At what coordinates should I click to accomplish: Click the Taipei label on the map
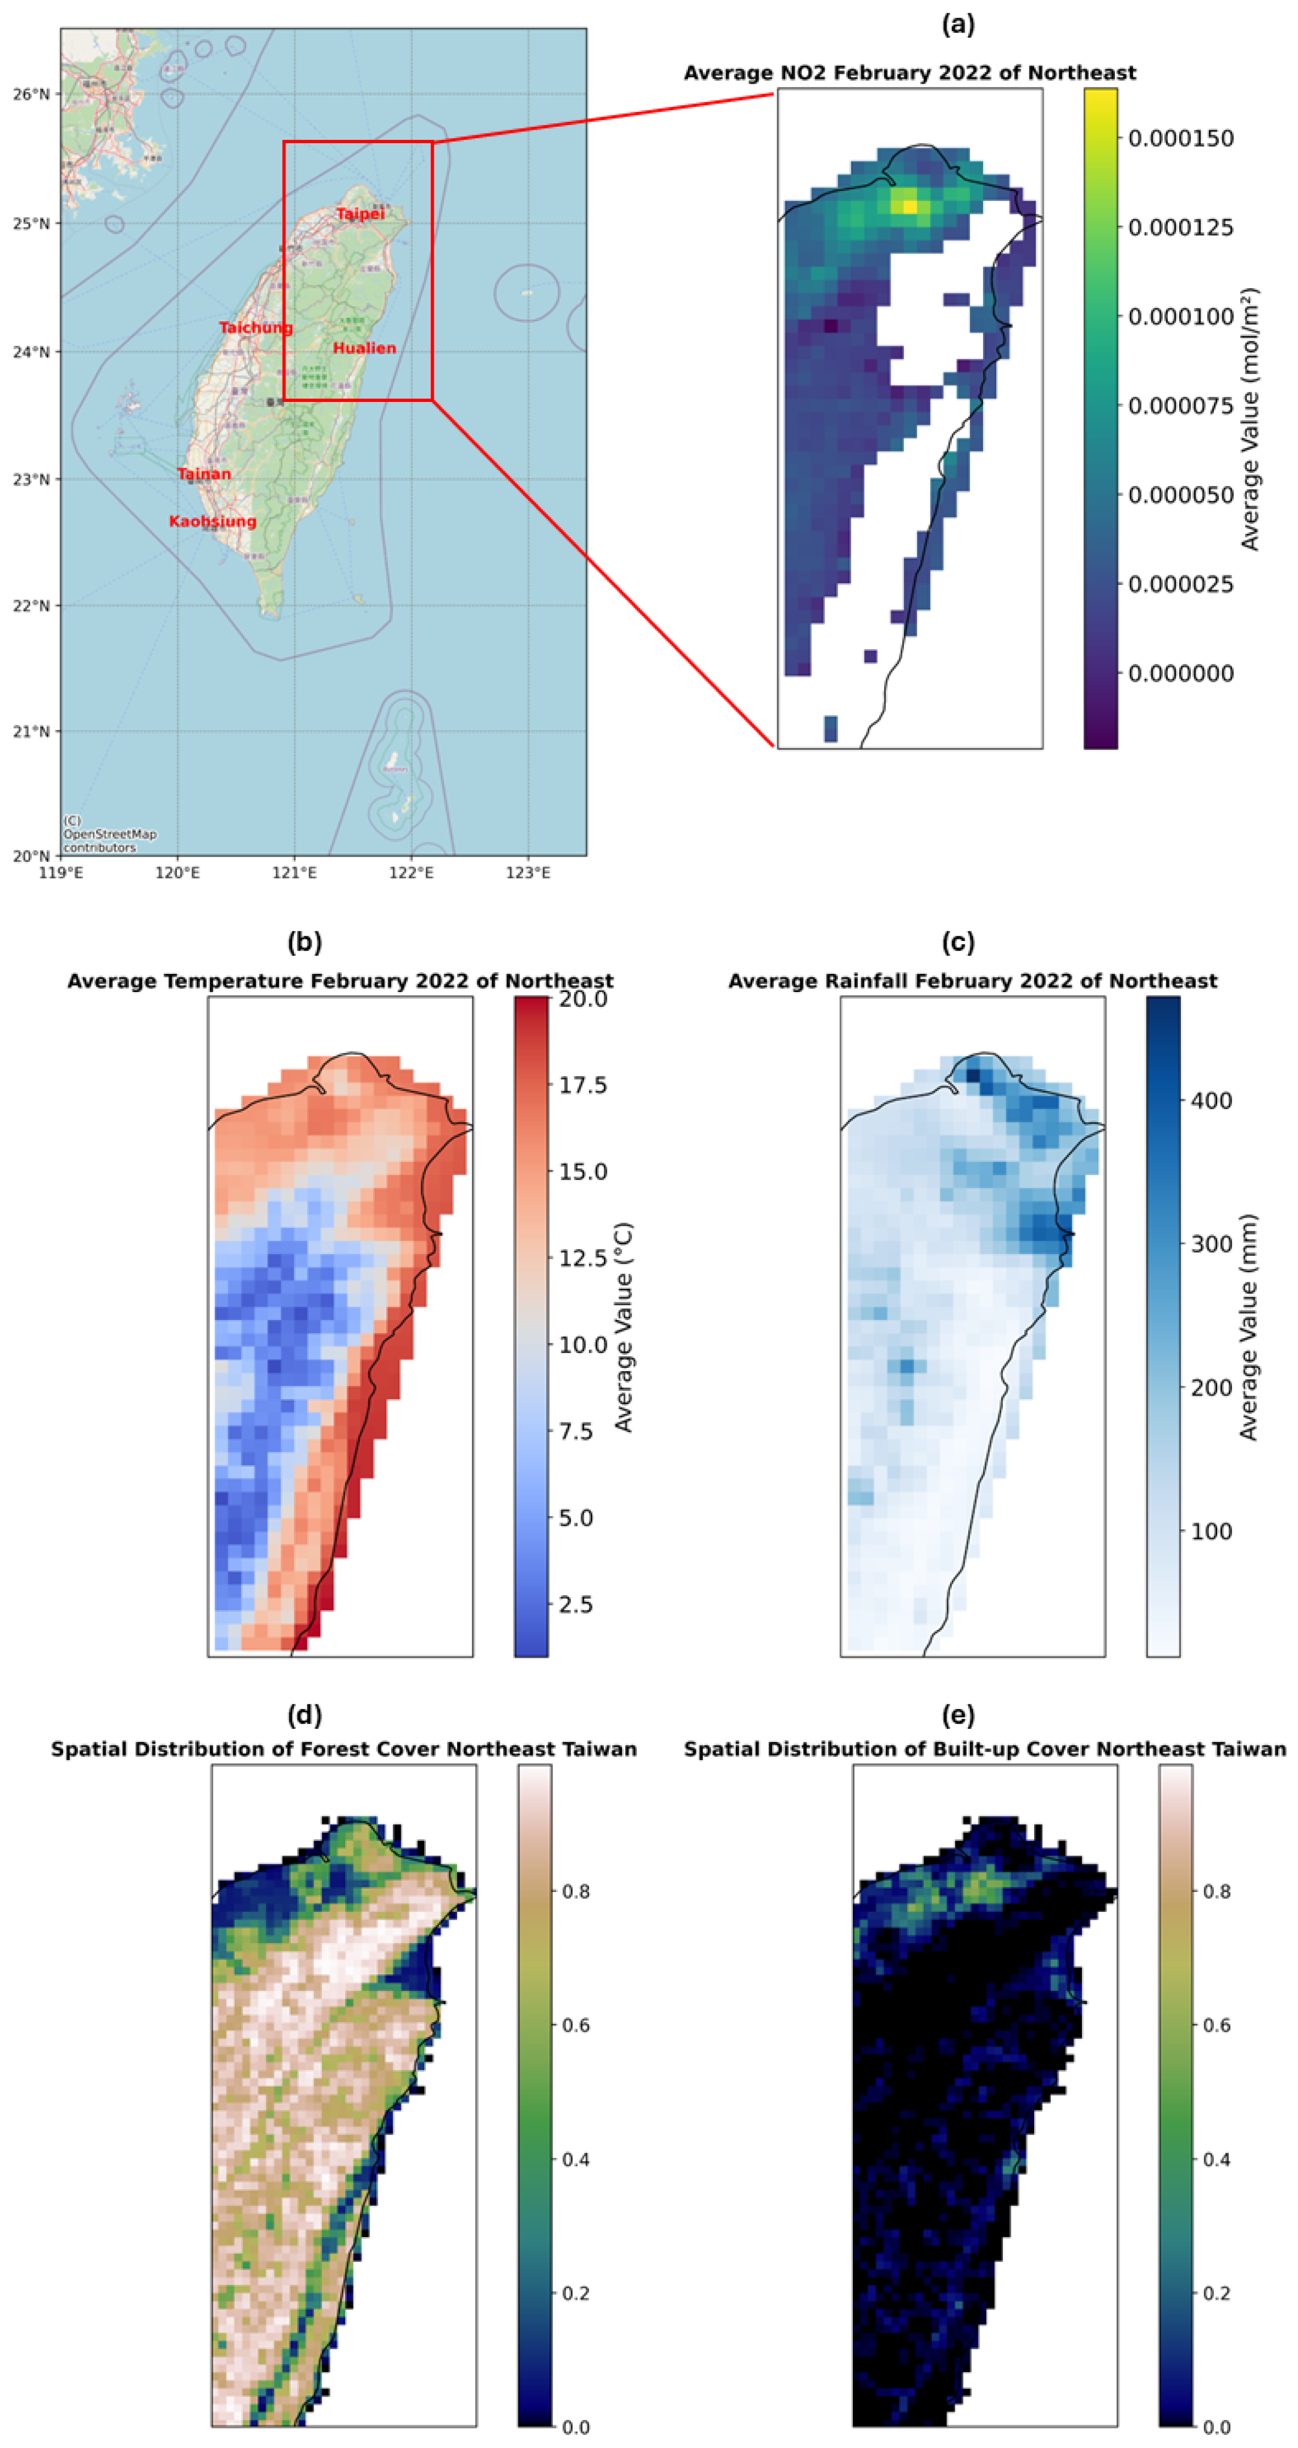pyautogui.click(x=359, y=214)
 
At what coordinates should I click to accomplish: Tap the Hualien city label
pyautogui.click(x=364, y=348)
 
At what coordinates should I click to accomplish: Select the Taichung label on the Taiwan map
pyautogui.click(x=256, y=328)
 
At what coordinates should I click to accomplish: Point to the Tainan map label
pyautogui.click(x=204, y=473)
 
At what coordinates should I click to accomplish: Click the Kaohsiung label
pyautogui.click(x=212, y=521)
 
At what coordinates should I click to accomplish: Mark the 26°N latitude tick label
pyautogui.click(x=31, y=94)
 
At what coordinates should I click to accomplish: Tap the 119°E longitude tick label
pyautogui.click(x=61, y=873)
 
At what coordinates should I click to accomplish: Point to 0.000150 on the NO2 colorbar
pyautogui.click(x=1180, y=139)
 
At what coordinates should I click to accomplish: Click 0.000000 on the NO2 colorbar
pyautogui.click(x=1180, y=673)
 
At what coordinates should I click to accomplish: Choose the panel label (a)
pyautogui.click(x=957, y=24)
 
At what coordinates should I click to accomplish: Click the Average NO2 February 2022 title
pyautogui.click(x=909, y=73)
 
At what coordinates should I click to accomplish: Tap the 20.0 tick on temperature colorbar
pyautogui.click(x=583, y=999)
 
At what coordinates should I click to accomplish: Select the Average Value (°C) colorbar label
pyautogui.click(x=623, y=1327)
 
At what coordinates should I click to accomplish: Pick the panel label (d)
pyautogui.click(x=304, y=1715)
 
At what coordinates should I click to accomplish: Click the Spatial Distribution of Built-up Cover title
pyautogui.click(x=984, y=1749)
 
